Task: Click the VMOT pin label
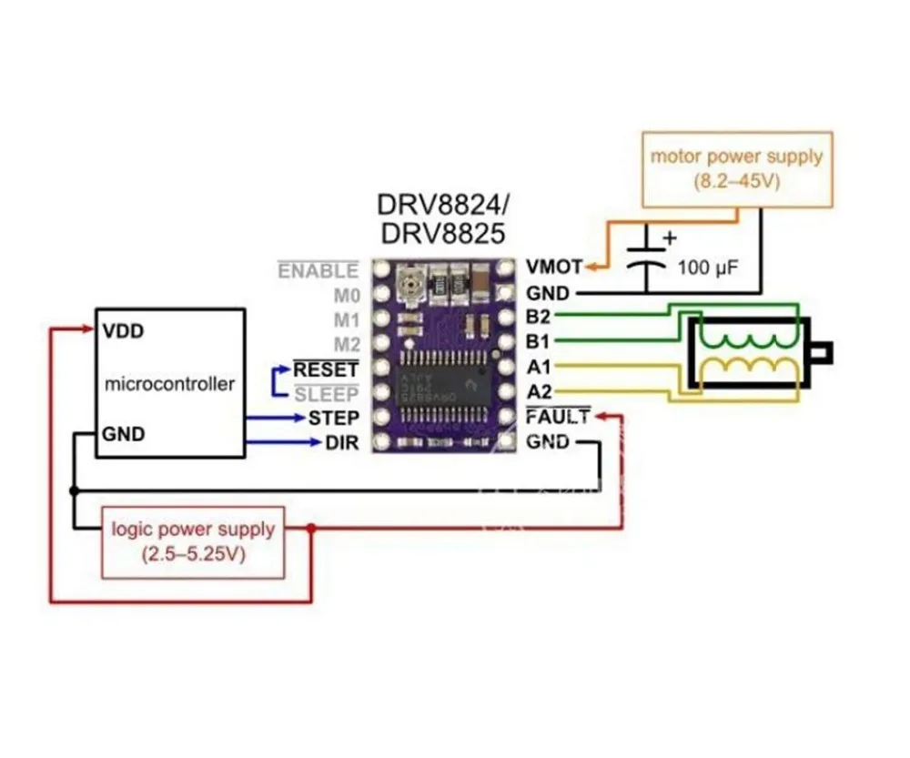pyautogui.click(x=554, y=268)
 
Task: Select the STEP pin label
pyautogui.click(x=334, y=419)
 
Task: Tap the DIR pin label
pyautogui.click(x=342, y=444)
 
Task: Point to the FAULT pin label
pyautogui.click(x=558, y=418)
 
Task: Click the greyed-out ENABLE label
pyautogui.click(x=318, y=270)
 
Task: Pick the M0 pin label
pyautogui.click(x=346, y=295)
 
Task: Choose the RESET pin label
pyautogui.click(x=325, y=369)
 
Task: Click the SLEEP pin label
pyautogui.click(x=327, y=394)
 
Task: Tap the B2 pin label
pyautogui.click(x=539, y=318)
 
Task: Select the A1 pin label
pyautogui.click(x=539, y=368)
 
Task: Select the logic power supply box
pyautogui.click(x=193, y=541)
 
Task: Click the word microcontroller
pyautogui.click(x=169, y=383)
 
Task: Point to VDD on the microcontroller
pyautogui.click(x=123, y=330)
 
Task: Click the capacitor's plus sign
pyautogui.click(x=671, y=238)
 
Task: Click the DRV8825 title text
pyautogui.click(x=441, y=234)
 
